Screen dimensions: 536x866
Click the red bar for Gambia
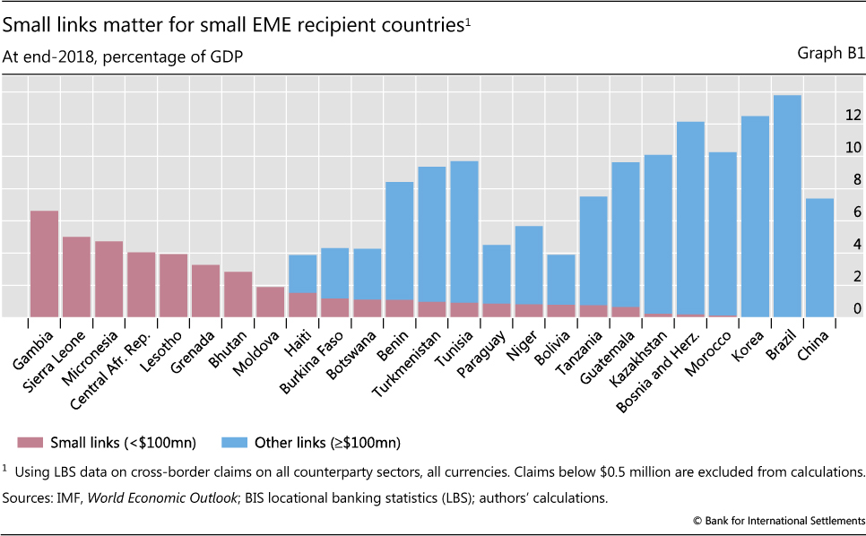44,264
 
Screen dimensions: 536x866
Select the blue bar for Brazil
786,206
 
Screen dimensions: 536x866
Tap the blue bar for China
818,257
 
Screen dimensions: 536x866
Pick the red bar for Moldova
271,302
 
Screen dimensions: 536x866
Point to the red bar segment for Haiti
303,305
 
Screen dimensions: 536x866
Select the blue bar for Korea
754,216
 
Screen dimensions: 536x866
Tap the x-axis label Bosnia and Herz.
656,363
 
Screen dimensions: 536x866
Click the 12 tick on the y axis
853,116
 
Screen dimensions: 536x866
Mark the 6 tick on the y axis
857,212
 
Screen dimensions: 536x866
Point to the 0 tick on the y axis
857,309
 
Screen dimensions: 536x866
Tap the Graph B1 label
830,54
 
